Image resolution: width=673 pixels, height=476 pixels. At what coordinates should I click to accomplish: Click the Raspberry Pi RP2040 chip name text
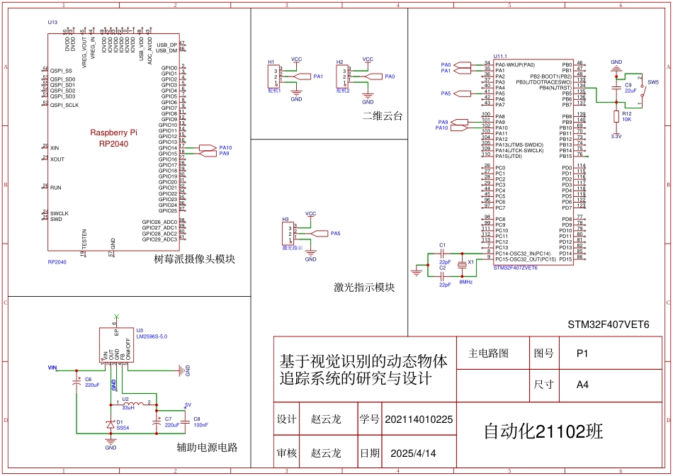click(113, 138)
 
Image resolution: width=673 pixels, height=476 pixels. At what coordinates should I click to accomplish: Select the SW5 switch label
click(652, 82)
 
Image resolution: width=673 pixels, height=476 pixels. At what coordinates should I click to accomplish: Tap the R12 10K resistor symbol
click(616, 116)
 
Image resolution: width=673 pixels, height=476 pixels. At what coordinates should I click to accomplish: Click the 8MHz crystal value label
click(465, 282)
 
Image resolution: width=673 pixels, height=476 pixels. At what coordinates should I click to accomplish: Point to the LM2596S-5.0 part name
click(152, 336)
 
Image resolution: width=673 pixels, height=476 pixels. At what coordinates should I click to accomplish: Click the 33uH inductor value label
click(128, 408)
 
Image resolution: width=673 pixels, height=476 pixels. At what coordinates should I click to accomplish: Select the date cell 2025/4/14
click(413, 453)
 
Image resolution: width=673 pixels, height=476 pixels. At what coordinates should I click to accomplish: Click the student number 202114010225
click(418, 419)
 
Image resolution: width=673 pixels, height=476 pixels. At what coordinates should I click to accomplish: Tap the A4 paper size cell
click(582, 385)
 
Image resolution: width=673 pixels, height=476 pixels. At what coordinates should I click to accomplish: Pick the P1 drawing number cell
click(582, 352)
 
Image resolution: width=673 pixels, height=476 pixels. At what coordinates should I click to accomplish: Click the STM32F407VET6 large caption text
click(608, 324)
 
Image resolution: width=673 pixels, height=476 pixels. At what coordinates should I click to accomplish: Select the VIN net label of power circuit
click(52, 368)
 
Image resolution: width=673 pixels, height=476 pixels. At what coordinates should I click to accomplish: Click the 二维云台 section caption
click(382, 116)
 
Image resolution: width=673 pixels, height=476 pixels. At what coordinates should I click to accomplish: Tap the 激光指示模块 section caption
click(363, 288)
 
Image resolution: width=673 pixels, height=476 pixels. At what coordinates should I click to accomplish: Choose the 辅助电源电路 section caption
click(207, 448)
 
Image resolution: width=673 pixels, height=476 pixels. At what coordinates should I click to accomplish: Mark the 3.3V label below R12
click(616, 136)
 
